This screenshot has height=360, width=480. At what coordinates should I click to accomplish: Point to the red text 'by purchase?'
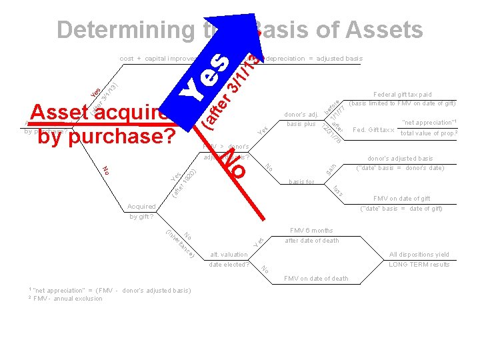[x=106, y=136]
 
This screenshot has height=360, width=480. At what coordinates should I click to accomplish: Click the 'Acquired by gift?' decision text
[x=141, y=211]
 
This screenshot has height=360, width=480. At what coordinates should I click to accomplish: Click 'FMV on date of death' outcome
[x=316, y=278]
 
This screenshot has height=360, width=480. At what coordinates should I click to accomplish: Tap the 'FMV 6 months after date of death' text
[x=311, y=235]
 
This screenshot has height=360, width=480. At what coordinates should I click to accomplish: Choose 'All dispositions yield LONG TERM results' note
[x=419, y=259]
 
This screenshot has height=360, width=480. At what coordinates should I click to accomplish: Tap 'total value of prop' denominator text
[x=427, y=133]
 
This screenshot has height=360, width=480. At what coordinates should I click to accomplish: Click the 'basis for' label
[x=301, y=181]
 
